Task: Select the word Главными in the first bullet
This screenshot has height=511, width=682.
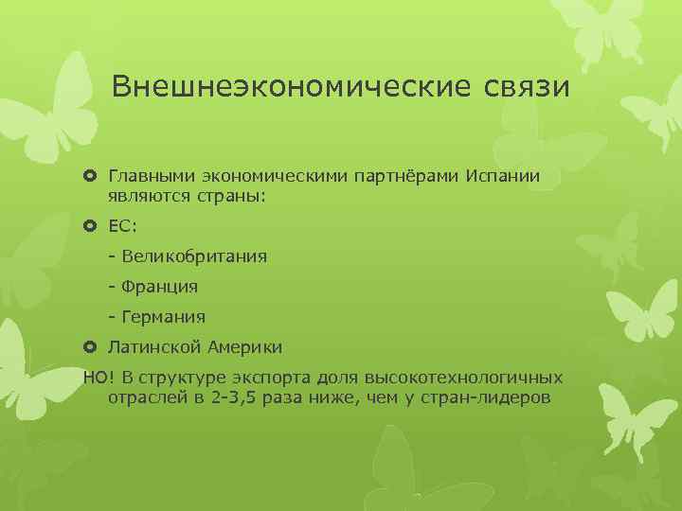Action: click(150, 177)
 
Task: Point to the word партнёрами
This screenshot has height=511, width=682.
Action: click(404, 177)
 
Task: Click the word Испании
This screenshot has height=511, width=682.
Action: click(503, 177)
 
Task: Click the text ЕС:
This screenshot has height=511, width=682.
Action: click(123, 227)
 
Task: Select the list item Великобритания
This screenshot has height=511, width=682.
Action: click(193, 256)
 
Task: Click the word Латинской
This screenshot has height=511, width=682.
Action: click(152, 346)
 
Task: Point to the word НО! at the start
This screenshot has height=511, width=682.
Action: click(98, 377)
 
